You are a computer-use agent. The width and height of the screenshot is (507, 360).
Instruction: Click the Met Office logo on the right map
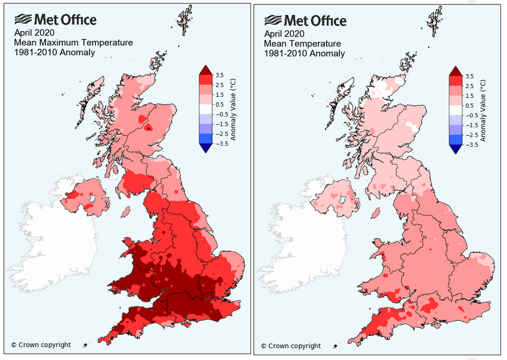coord(305,21)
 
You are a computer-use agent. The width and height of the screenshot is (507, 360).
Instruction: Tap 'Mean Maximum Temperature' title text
coord(73,42)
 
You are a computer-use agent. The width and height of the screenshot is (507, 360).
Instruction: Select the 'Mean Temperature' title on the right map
coord(302,43)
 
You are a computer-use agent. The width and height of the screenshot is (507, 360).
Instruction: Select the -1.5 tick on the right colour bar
coord(471,125)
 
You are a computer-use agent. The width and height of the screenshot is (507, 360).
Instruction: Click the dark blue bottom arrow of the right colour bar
coord(457,149)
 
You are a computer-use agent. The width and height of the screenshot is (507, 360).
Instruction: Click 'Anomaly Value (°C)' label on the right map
coord(484,109)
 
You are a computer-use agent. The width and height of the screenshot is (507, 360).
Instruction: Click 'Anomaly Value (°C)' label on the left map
coord(233,109)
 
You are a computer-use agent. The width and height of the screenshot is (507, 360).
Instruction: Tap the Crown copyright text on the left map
coord(41,345)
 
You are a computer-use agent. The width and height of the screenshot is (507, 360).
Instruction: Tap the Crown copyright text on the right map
coord(291,346)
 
